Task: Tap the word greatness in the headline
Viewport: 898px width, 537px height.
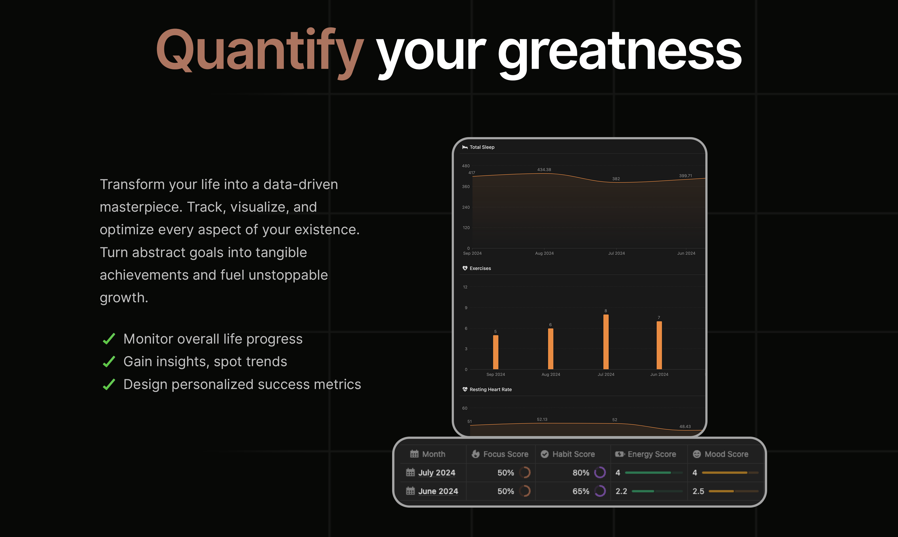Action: [x=620, y=53]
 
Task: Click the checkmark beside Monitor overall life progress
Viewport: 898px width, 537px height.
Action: [x=109, y=339]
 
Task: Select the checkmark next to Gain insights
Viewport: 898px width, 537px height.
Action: [x=109, y=362]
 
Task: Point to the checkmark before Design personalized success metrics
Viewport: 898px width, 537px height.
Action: [x=109, y=384]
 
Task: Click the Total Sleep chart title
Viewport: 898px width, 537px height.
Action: [x=482, y=147]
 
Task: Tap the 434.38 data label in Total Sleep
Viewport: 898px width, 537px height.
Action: [x=544, y=169]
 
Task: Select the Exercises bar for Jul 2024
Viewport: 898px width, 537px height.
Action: [x=606, y=342]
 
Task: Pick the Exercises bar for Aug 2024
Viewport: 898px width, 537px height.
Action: [x=551, y=348]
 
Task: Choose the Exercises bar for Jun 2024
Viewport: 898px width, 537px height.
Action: [x=659, y=345]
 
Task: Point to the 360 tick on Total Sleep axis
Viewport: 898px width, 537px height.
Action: [x=466, y=187]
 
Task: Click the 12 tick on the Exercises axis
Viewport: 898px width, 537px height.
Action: [x=465, y=287]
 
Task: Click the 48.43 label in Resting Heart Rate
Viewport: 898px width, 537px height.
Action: [x=685, y=426]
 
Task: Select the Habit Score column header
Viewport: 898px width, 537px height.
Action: [x=573, y=454]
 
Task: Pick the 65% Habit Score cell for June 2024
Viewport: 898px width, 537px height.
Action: [x=580, y=491]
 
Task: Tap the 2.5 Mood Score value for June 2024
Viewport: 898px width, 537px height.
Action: [x=698, y=491]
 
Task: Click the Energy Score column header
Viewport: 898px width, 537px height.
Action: [x=651, y=454]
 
